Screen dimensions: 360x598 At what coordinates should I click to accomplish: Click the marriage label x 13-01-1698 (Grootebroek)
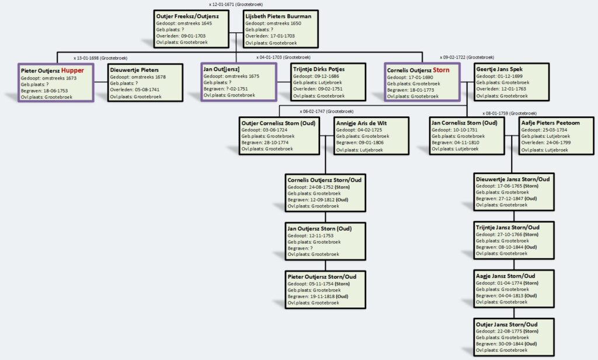point(100,58)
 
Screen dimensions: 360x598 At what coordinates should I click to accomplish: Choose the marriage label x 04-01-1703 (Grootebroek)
point(283,57)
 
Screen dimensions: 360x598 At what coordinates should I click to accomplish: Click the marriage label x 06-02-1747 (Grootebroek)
point(326,110)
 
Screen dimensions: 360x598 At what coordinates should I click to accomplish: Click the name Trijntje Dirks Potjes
point(319,70)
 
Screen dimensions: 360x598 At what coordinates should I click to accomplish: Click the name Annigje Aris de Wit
point(361,123)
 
